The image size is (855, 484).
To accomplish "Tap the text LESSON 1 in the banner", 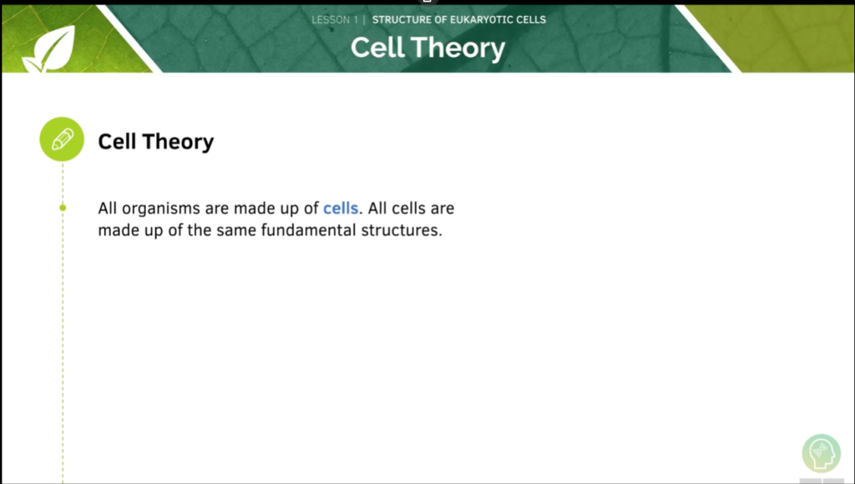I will [x=335, y=19].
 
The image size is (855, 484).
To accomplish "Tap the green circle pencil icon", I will [x=63, y=139].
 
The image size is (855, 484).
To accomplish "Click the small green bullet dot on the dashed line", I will [x=63, y=208].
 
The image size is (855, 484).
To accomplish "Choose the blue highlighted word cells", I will [x=341, y=208].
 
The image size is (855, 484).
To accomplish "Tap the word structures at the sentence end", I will [x=402, y=229].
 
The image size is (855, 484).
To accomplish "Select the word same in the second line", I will [x=236, y=229].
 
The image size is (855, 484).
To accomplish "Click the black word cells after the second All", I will [x=407, y=208].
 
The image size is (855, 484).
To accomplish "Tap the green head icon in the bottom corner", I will [x=821, y=454].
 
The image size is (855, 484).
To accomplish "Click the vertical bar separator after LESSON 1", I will [x=364, y=19].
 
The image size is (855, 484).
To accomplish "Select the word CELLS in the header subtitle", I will [x=528, y=19].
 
